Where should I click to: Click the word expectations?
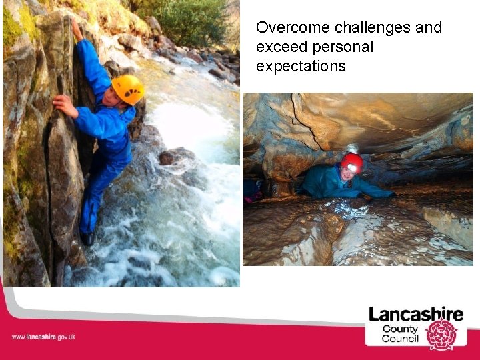(x=301, y=67)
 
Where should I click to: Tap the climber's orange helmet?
(x=128, y=89)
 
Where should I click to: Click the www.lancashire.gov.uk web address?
(x=43, y=337)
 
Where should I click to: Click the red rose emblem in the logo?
(x=441, y=335)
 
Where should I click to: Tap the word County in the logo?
(x=400, y=329)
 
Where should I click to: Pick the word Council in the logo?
(x=400, y=339)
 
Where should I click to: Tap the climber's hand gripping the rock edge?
(x=65, y=105)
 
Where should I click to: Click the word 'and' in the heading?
(x=429, y=28)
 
